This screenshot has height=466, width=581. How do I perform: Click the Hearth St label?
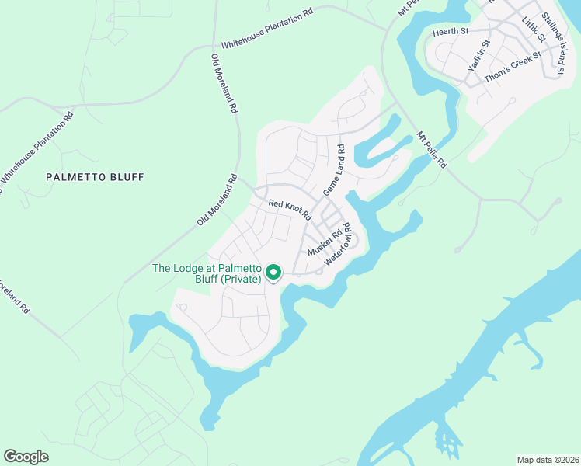(451, 32)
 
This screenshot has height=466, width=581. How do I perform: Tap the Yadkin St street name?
(478, 57)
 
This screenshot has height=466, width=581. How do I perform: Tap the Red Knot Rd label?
(290, 208)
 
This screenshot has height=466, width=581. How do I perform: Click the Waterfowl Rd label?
(339, 245)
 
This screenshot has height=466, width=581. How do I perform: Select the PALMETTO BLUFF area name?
(95, 177)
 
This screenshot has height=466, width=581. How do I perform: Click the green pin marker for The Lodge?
(273, 272)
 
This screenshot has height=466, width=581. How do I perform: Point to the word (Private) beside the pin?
(241, 279)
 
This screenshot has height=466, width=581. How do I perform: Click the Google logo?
(26, 457)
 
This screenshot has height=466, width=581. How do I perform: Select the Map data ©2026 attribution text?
(547, 459)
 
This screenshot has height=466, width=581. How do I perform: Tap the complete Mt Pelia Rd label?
(432, 149)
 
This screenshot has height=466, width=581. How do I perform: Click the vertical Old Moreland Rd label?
(223, 85)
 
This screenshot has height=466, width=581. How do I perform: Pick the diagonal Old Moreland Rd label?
(217, 200)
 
